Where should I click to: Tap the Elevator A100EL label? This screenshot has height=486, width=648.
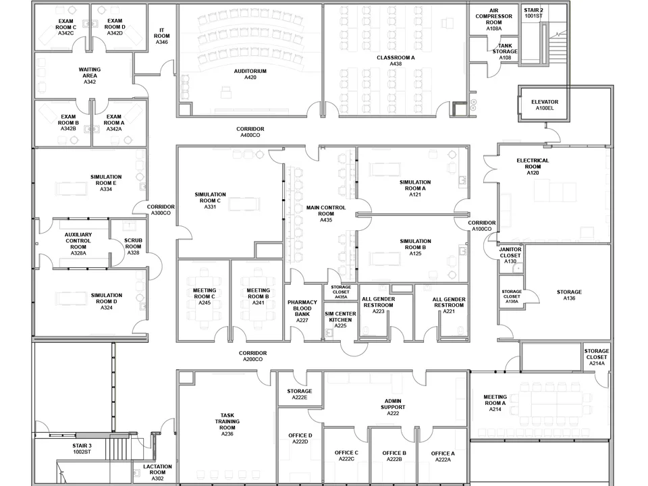tap(544, 105)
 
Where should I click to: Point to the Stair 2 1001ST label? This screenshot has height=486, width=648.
tap(533, 13)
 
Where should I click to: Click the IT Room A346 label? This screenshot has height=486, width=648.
tap(162, 36)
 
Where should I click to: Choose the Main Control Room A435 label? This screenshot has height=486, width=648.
tap(326, 214)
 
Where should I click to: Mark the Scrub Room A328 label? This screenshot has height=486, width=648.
tap(133, 246)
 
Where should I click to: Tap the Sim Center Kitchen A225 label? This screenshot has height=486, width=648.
tap(340, 320)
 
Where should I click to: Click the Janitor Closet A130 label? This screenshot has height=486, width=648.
tap(510, 255)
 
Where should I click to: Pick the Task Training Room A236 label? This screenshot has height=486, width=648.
tap(227, 425)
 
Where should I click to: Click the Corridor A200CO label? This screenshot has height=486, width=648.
tap(252, 356)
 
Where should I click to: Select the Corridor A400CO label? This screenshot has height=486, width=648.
tap(250, 132)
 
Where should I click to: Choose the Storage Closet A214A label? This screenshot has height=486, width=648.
tap(597, 357)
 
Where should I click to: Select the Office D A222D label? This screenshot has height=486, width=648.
tap(300, 438)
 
